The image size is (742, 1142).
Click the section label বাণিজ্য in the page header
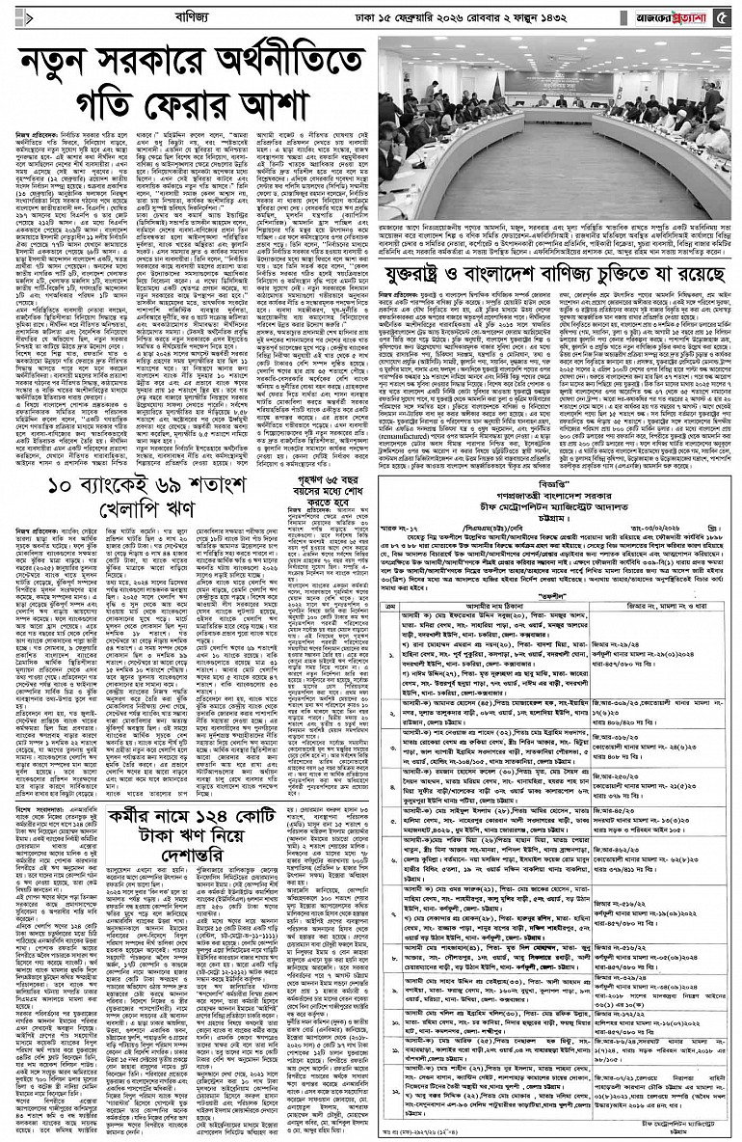pos(132,14)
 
